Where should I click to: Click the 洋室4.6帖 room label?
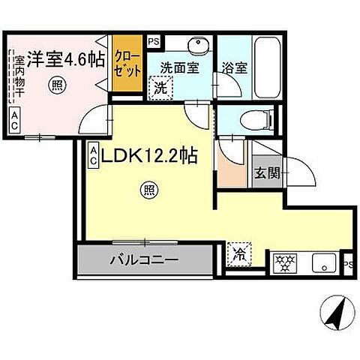pyautogui.click(x=67, y=58)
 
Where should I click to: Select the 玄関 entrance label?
pyautogui.click(x=266, y=175)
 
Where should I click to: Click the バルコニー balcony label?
pyautogui.click(x=144, y=261)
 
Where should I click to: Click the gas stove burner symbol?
pyautogui.click(x=284, y=262)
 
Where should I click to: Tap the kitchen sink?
pyautogui.click(x=325, y=263)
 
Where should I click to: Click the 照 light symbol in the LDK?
pyautogui.click(x=150, y=191)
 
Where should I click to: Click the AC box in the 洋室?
pyautogui.click(x=15, y=120)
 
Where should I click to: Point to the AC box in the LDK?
pyautogui.click(x=92, y=154)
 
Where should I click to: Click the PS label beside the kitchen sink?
pyautogui.click(x=349, y=263)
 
